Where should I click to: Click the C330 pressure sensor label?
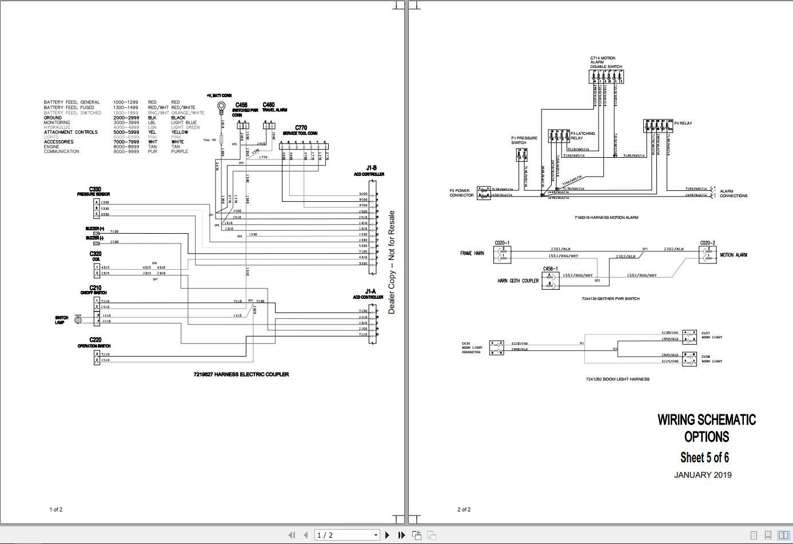point(94,191)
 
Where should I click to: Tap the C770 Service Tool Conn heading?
point(301,130)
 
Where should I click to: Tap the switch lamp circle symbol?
point(78,320)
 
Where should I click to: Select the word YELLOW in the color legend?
point(180,132)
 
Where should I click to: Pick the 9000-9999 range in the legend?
point(126,151)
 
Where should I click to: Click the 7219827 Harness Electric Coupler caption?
point(241,374)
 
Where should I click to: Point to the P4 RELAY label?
point(683,123)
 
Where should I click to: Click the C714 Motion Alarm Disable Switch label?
point(606,62)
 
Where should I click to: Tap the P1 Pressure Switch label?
point(524,140)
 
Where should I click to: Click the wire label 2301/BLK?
point(560,249)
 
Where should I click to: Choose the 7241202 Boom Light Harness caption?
point(617,379)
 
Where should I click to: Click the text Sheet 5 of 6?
point(704,457)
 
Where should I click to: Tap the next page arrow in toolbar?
point(387,535)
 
